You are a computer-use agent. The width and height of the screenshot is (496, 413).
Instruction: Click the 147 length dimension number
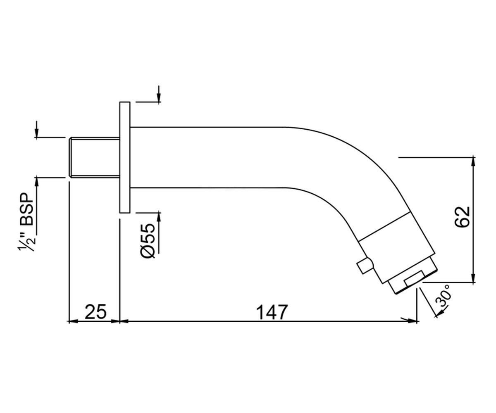(272, 312)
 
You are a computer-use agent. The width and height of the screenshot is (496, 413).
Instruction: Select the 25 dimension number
(95, 312)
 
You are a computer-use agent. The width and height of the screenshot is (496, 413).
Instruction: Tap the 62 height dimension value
(462, 217)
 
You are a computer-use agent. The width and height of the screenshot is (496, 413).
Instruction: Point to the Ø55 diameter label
(148, 240)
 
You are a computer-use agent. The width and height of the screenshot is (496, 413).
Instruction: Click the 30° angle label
(443, 296)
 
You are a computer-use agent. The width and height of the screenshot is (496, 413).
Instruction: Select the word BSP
(26, 209)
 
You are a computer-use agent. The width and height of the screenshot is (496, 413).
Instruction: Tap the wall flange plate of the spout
(125, 157)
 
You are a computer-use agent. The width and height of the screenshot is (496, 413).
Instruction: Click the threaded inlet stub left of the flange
(94, 157)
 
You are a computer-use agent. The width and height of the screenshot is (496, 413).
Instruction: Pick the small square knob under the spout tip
(365, 266)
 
